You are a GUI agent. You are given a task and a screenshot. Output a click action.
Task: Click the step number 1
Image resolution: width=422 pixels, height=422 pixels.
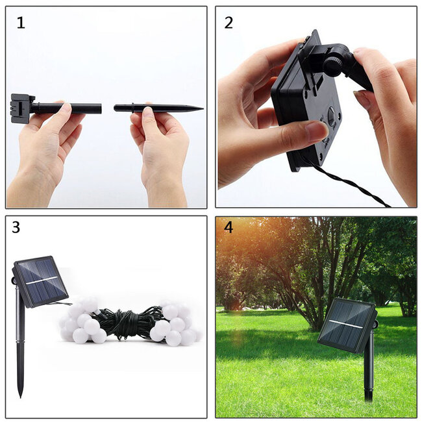21,23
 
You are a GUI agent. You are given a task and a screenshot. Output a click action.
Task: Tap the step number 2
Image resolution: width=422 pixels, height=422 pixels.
229,23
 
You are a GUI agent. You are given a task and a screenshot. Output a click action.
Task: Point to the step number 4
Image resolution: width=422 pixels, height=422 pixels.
228,228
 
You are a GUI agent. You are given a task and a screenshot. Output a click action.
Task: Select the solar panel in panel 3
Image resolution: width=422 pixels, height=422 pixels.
40,281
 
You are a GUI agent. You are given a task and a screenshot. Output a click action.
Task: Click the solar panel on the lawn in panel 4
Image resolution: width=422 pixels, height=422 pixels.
347,325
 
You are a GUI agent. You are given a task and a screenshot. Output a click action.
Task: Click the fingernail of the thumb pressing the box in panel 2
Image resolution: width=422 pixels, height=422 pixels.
317,131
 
